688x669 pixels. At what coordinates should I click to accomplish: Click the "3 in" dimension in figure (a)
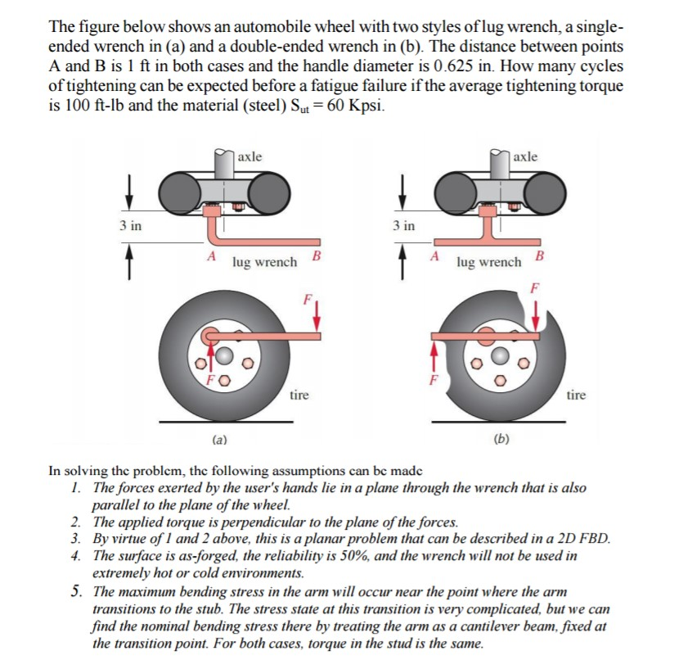point(128,226)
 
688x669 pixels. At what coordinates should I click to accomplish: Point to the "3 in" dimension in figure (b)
point(402,225)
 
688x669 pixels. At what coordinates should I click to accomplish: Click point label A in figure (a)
point(210,257)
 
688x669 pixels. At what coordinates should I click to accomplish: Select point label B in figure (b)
point(538,257)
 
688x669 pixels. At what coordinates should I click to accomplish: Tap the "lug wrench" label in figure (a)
point(264,263)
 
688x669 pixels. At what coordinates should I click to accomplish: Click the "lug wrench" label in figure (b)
point(489,262)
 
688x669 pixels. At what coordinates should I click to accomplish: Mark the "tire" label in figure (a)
point(299,396)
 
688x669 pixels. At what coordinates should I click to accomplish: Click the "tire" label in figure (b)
point(576,396)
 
